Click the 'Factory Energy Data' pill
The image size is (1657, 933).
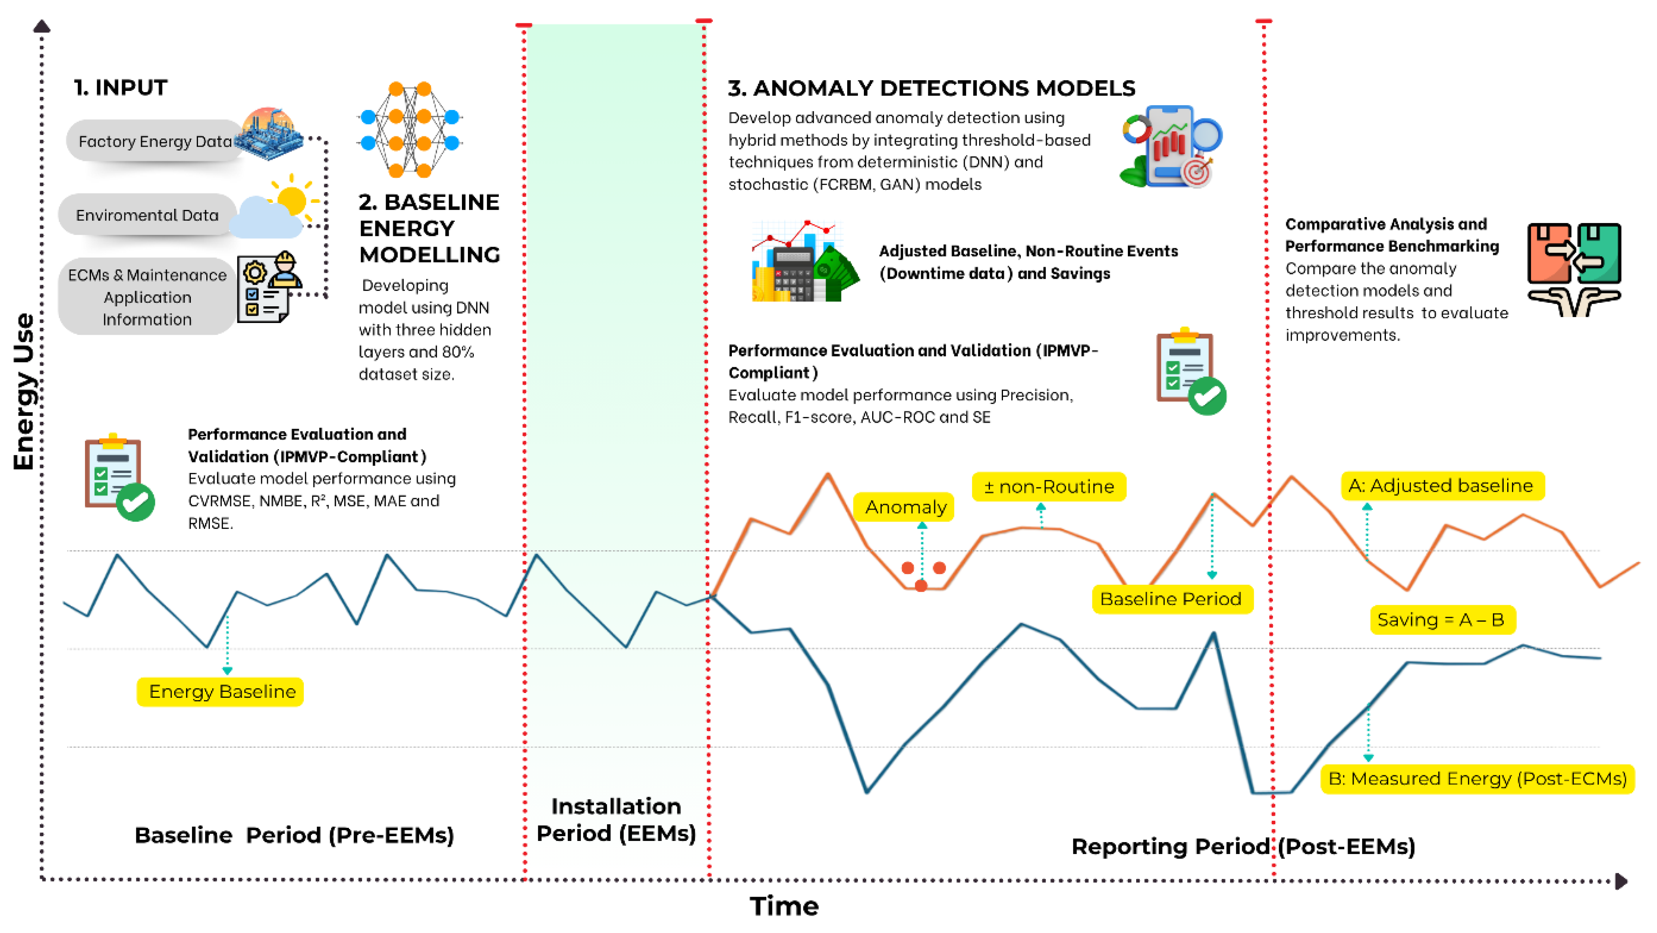(x=155, y=141)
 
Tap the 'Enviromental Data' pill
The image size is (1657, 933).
(x=147, y=215)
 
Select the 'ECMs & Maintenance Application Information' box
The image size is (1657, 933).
(x=147, y=297)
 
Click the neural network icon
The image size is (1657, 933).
(x=410, y=129)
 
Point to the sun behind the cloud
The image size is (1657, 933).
(x=293, y=198)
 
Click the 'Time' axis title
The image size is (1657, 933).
(x=784, y=906)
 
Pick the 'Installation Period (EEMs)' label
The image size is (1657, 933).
(x=616, y=820)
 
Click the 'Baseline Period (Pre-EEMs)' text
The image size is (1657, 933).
(x=294, y=835)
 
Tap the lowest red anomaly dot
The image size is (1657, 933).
(x=921, y=585)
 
